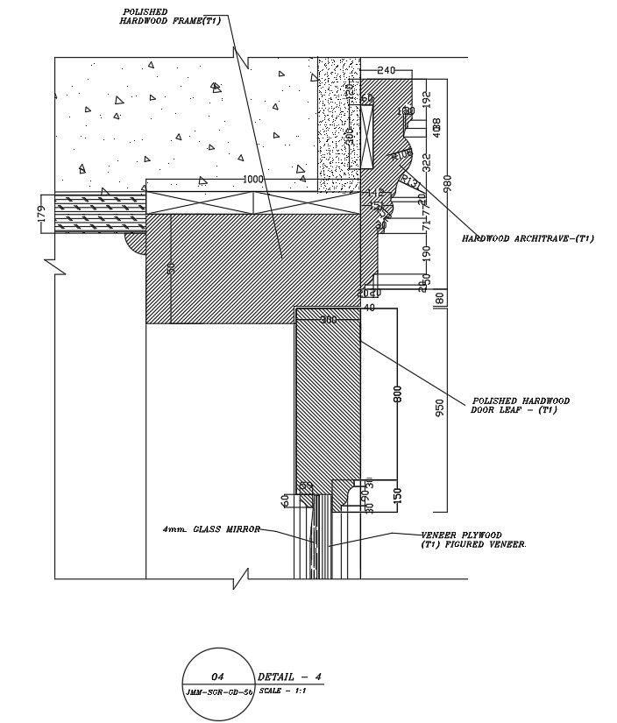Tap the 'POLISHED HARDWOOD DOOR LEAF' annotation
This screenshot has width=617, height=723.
tap(521, 405)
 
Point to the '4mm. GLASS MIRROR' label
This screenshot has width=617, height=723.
tap(211, 529)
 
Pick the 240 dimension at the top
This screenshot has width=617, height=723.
tap(387, 70)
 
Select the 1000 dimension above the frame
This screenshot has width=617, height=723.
tap(252, 179)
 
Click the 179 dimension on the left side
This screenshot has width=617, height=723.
tap(41, 213)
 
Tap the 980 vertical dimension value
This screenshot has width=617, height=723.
tap(446, 182)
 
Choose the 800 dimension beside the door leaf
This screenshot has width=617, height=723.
tap(397, 394)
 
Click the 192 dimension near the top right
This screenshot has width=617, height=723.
tap(427, 98)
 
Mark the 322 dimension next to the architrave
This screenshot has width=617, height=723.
tap(427, 162)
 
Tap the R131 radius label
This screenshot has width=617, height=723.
tap(409, 182)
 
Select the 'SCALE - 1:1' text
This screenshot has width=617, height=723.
tap(281, 691)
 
